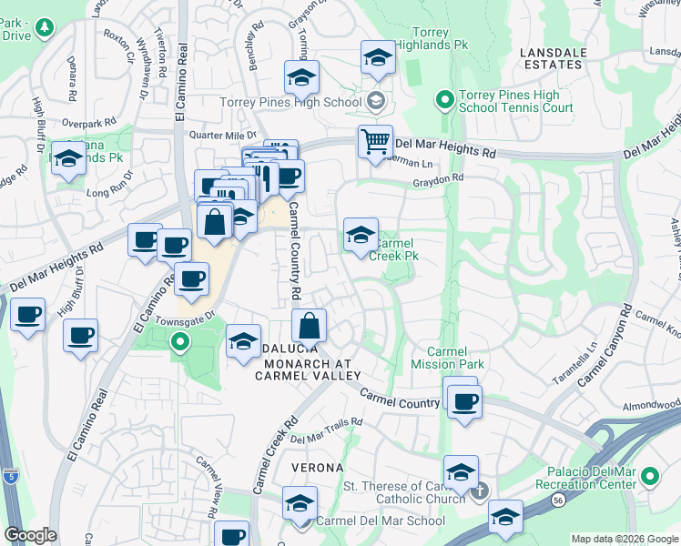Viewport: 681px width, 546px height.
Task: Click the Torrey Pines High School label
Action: click(290, 102)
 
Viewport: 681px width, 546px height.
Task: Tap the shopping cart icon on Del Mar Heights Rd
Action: click(375, 143)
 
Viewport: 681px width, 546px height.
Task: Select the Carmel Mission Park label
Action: click(455, 358)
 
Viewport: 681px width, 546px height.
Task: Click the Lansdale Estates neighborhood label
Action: click(552, 58)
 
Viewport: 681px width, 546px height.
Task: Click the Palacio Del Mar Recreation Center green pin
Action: click(649, 476)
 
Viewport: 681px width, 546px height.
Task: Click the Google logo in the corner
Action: click(30, 534)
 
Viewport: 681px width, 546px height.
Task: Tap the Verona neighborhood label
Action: click(317, 468)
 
